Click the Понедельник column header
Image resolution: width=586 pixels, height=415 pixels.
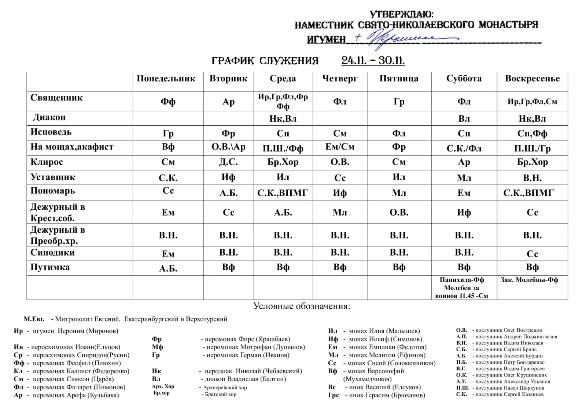coord(166,79)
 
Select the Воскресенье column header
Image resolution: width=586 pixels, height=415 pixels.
coord(532,79)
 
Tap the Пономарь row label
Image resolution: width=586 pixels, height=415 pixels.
coord(53,191)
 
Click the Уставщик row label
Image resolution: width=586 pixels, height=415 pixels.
coord(53,177)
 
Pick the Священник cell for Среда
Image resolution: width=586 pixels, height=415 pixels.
coord(283,102)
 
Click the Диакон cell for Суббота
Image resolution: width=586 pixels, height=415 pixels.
coord(464,119)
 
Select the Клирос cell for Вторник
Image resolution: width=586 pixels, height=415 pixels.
coord(228,162)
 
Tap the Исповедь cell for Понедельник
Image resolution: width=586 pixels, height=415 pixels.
coord(168,133)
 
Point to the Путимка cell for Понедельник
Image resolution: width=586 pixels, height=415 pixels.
coord(168,268)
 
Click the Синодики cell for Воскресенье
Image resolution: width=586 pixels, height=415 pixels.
coord(532,254)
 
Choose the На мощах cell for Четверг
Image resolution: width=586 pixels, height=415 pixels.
coord(340,147)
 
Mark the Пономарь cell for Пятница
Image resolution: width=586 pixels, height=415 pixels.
coord(399,193)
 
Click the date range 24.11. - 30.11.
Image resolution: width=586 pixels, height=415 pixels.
coord(373,60)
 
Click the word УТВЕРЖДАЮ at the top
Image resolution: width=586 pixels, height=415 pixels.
coord(401,15)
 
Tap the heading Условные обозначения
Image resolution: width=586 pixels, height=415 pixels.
coord(302,306)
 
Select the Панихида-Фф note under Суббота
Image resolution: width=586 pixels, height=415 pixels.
coord(462,280)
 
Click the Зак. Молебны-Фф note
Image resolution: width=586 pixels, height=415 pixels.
coord(529,280)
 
